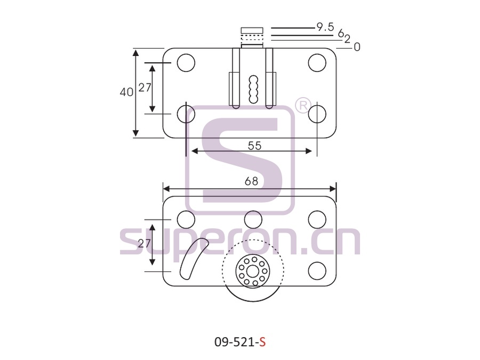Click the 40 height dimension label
[126, 92]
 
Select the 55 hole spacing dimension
[255, 146]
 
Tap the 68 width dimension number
[251, 181]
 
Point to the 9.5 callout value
[325, 27]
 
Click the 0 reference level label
[357, 47]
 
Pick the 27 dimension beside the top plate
[145, 87]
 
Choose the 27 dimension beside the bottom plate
[144, 244]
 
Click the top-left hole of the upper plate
[186, 63]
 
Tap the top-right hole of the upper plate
[317, 63]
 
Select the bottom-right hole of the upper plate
[317, 114]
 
